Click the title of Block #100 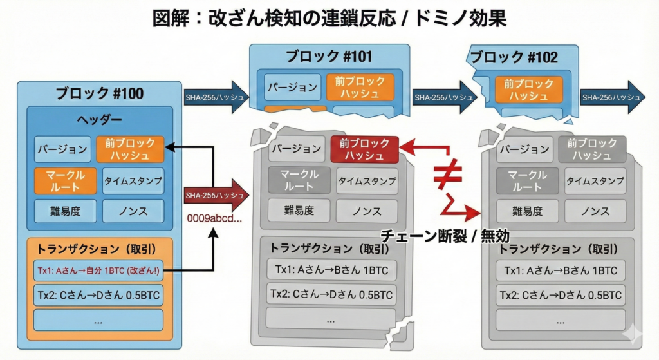(99, 93)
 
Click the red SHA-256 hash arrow (215, 194)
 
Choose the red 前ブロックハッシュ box (364, 149)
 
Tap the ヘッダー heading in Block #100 (99, 120)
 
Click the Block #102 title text (513, 57)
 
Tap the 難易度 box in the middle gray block (295, 210)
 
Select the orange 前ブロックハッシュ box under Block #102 (528, 90)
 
